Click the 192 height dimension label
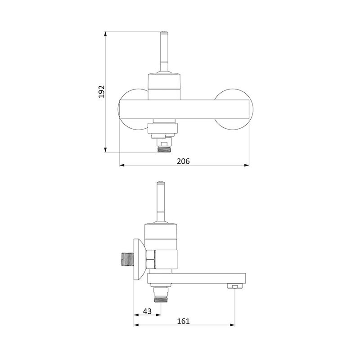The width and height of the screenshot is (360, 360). [x=102, y=92]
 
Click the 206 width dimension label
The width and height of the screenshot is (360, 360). [x=183, y=161]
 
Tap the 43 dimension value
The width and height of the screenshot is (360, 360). [x=147, y=311]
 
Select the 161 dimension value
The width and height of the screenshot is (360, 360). [x=183, y=321]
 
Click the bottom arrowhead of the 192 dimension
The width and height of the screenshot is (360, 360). [x=105, y=150]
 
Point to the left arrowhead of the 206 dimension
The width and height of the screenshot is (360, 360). [x=122, y=165]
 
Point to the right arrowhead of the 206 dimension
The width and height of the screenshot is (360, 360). [x=247, y=165]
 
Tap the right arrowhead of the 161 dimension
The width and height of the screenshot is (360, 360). [x=232, y=325]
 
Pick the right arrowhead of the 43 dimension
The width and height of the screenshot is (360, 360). [x=158, y=315]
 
